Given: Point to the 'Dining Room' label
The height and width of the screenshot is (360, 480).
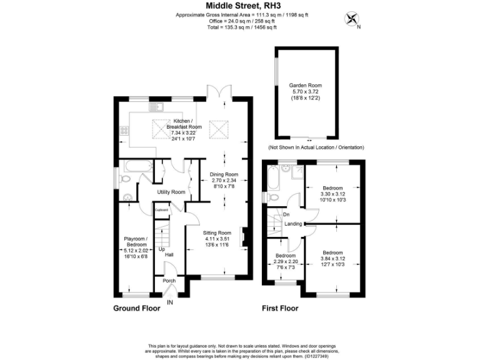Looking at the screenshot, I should (223, 174).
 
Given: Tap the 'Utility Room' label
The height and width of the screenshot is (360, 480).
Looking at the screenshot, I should (171, 192).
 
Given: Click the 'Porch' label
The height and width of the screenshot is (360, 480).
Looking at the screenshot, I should (169, 281).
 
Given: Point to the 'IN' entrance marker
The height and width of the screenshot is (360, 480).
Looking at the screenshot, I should (169, 302).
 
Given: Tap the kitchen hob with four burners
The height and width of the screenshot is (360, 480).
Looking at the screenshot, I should (124, 131).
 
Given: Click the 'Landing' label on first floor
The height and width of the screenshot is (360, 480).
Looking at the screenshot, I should (293, 224).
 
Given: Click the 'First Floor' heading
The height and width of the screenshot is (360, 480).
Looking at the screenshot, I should (280, 309).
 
